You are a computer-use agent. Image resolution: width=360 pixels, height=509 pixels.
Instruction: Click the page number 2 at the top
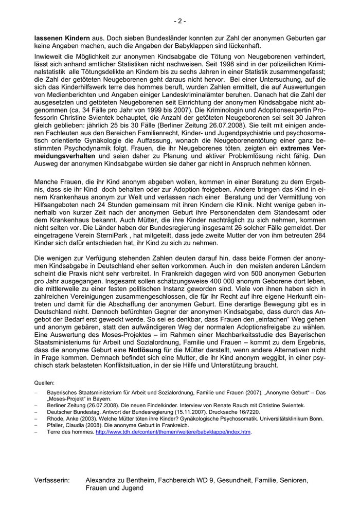[179, 21]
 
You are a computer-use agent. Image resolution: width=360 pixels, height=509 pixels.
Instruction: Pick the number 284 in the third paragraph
[318, 234]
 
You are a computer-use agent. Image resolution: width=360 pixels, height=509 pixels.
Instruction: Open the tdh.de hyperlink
[173, 432]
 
